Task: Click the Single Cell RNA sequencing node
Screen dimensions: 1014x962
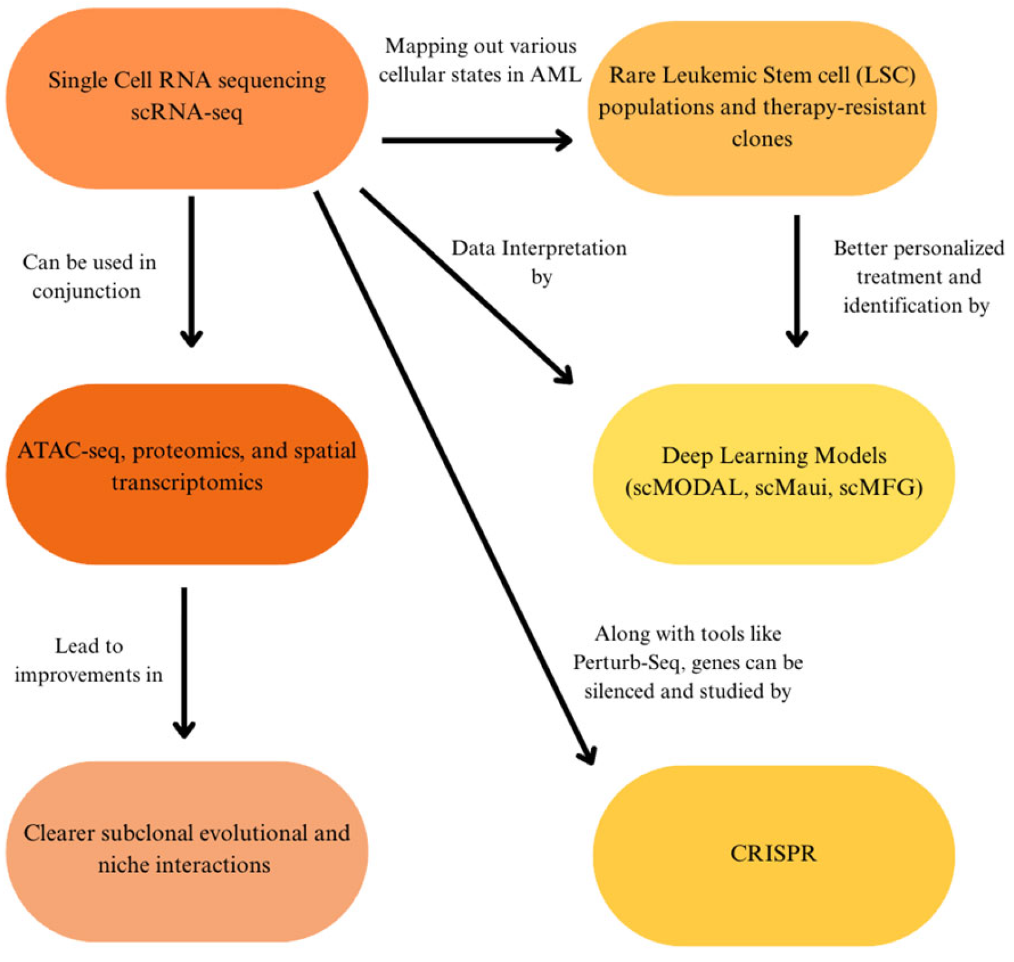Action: pos(187,99)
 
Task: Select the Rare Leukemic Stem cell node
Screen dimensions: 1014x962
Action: pos(762,108)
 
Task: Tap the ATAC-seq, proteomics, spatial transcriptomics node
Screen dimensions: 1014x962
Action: pos(187,474)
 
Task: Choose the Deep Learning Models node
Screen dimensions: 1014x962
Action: pos(774,474)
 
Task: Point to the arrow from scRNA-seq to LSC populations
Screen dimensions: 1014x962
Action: pos(477,140)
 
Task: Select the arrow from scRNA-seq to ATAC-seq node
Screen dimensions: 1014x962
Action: pos(192,272)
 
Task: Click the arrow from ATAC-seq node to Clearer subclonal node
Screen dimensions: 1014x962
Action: pos(185,663)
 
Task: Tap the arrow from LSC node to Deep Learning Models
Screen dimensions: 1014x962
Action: pos(797,281)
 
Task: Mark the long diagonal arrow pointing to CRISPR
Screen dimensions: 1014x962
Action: pos(456,478)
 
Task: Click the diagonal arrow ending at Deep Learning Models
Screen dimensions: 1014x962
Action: pos(466,286)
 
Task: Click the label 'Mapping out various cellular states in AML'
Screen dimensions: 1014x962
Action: pos(480,60)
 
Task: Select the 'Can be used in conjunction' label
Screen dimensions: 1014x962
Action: pos(88,276)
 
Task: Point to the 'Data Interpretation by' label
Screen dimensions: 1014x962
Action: pos(540,262)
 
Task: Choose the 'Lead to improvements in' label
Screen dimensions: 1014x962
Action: pos(88,660)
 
